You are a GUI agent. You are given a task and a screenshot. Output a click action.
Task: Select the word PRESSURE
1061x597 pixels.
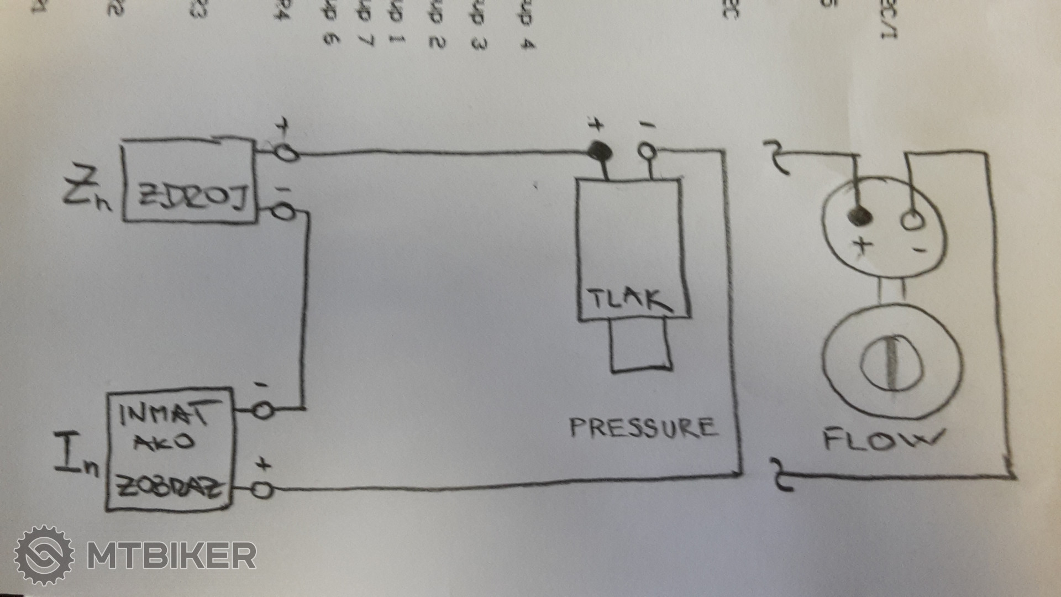pyautogui.click(x=643, y=428)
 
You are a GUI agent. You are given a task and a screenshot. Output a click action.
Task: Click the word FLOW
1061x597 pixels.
pyautogui.click(x=882, y=440)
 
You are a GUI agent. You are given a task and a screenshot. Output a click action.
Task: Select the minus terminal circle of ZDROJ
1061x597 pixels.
pyautogui.click(x=285, y=212)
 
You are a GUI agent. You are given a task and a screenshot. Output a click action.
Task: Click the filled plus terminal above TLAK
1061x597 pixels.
pyautogui.click(x=598, y=149)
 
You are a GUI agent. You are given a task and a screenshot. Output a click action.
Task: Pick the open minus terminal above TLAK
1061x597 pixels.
pyautogui.click(x=647, y=150)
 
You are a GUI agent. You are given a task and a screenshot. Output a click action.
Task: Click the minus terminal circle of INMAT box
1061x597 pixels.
pyautogui.click(x=263, y=411)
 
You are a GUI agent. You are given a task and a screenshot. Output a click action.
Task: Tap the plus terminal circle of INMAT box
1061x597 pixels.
pyautogui.click(x=263, y=490)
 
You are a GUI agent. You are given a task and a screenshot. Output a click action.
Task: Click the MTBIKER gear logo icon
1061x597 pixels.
pyautogui.click(x=44, y=555)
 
